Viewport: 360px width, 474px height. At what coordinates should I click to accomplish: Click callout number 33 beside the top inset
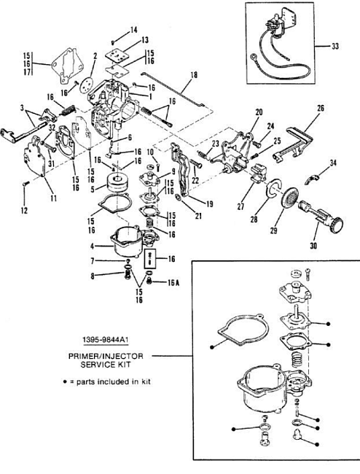point(335,46)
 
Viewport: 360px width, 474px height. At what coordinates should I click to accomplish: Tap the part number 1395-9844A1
point(106,340)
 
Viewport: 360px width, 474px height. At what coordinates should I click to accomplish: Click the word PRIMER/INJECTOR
point(106,356)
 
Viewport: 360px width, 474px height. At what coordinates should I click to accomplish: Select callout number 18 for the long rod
point(194,74)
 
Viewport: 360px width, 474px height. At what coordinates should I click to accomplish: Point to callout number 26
point(321,108)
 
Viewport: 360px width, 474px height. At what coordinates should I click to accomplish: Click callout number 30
point(314,246)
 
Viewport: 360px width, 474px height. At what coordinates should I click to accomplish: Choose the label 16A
point(173,283)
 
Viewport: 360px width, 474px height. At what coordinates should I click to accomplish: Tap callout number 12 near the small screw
point(25,211)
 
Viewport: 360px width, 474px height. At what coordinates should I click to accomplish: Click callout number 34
point(333,163)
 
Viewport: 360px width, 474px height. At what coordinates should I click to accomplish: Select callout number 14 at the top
point(134,30)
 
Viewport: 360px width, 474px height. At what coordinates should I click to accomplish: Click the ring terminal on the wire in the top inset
point(253,57)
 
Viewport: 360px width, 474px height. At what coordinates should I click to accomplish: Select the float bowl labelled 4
point(126,241)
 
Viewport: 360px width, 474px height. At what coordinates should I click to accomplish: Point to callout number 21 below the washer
point(198,217)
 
